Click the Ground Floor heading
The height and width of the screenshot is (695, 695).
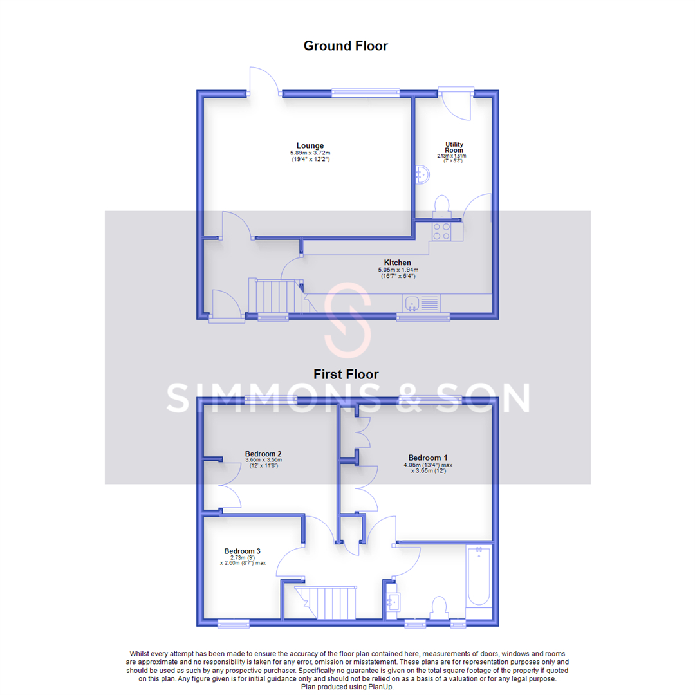(x=346, y=46)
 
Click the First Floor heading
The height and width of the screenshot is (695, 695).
(x=346, y=374)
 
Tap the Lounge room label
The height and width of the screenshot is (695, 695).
(x=310, y=145)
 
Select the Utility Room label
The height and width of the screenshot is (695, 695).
(x=454, y=147)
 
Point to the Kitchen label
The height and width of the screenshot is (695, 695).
(x=398, y=263)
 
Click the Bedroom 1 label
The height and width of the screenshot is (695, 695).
(x=425, y=458)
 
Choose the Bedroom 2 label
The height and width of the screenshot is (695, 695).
(x=263, y=454)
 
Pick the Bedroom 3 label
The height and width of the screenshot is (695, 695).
(x=242, y=551)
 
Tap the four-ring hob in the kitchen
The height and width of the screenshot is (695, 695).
(x=441, y=231)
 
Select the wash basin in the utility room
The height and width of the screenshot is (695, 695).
(x=422, y=174)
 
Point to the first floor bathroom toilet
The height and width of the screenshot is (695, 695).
(x=440, y=606)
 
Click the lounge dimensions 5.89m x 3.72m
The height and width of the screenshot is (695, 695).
(x=310, y=153)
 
